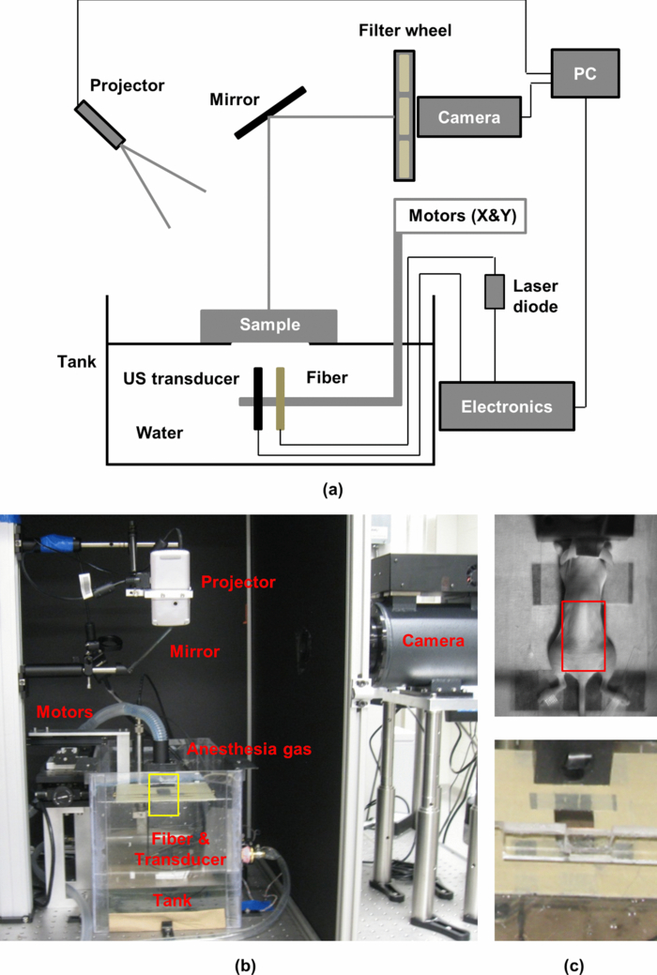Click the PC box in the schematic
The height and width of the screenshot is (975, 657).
coord(584,72)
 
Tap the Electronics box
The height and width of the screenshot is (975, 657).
coord(506,406)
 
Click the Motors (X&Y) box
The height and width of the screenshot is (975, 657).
coord(463,217)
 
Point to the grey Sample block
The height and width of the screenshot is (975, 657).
coord(269,326)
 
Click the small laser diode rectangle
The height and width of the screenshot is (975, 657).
coord(495,292)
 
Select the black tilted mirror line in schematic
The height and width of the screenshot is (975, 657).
coord(270,112)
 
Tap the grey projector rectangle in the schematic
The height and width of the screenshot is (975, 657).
coord(99,124)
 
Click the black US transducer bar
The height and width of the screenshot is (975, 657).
coord(257,399)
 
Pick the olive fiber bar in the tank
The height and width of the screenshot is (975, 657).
coord(280,399)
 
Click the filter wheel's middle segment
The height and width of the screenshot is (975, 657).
coord(405,116)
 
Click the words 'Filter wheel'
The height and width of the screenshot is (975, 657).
coord(417,31)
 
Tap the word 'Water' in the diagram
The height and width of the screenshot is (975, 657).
coord(159,434)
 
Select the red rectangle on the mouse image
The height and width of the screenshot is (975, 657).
coord(583,636)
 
